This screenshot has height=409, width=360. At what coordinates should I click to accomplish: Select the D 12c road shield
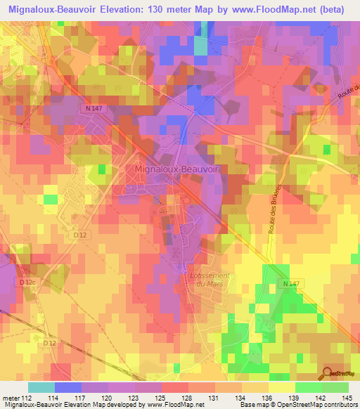[x=27, y=283]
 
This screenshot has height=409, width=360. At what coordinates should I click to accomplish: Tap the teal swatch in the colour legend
[x=41, y=387]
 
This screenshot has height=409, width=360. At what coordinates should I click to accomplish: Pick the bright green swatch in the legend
[x=309, y=387]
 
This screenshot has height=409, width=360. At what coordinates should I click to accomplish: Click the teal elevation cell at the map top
[x=201, y=44]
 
